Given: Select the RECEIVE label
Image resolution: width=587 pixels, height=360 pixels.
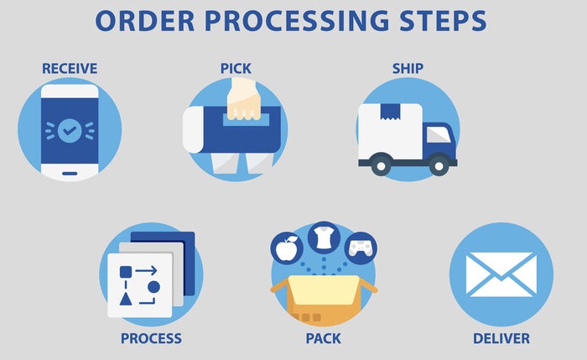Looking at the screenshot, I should click(x=70, y=68).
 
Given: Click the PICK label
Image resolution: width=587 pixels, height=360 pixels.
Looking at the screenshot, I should click(x=236, y=67).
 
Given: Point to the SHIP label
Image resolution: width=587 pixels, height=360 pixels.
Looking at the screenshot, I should click(x=408, y=68).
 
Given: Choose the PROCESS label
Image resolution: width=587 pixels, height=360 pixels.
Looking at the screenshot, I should click(x=151, y=338).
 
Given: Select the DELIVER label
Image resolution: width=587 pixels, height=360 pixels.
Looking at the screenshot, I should click(x=501, y=338).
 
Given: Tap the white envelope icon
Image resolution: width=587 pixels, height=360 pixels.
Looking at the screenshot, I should click(x=501, y=274).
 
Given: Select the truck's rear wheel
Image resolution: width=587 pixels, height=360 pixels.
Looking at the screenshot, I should click(x=382, y=166).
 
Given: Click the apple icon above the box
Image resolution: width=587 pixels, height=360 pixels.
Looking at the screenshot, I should click(x=288, y=247).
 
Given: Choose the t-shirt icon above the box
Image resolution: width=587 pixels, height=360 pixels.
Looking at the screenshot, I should click(x=324, y=237).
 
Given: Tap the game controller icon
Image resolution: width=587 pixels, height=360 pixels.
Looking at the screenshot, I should click(x=361, y=247).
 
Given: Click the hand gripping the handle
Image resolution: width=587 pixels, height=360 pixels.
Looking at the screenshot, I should click(x=244, y=99).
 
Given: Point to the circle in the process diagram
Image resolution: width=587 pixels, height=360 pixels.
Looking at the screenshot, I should click(x=153, y=287).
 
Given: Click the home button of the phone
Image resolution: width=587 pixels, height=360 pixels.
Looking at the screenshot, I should click(x=70, y=170).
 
